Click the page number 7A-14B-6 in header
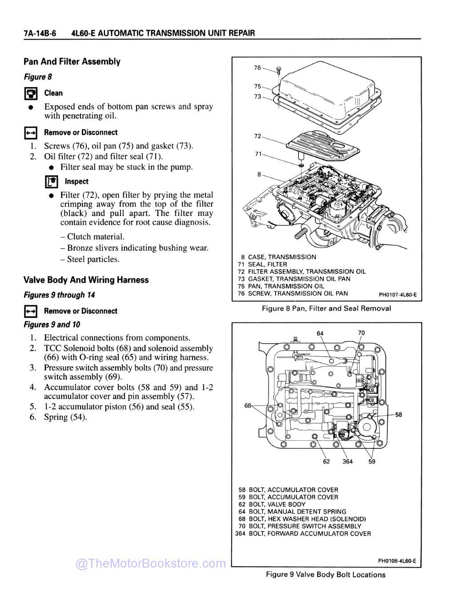[40, 33]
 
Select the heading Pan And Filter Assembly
[72, 62]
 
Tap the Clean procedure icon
[30, 94]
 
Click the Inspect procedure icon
[52, 182]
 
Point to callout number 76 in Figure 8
[258, 68]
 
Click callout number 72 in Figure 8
[258, 136]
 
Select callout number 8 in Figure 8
[259, 174]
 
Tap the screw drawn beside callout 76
[278, 71]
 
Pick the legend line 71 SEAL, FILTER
[263, 264]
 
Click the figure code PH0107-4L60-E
[397, 294]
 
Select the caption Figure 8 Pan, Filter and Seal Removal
[326, 308]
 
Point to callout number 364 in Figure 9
[347, 461]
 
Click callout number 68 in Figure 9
[248, 405]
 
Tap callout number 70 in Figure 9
[361, 332]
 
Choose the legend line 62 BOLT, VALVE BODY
[272, 504]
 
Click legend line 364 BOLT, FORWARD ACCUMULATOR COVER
[303, 533]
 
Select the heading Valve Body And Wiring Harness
[86, 280]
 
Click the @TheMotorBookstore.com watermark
[151, 564]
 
